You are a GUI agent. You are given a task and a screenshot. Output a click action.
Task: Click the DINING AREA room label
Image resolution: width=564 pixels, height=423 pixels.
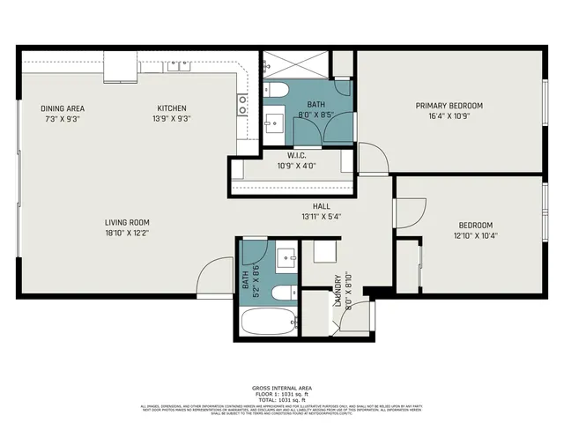[x=63, y=108]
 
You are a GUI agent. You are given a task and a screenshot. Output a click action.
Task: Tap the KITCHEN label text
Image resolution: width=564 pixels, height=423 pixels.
[x=173, y=108]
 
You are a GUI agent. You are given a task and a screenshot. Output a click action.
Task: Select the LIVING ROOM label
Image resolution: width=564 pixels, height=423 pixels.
[x=128, y=223]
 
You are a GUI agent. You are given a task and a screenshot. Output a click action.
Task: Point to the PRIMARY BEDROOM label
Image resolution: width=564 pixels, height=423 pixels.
[x=449, y=106]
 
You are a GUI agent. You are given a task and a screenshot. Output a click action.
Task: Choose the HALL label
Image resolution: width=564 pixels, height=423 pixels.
[x=308, y=206]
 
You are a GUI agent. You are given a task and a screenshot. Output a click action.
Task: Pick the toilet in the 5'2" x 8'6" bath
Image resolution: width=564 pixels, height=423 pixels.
[x=282, y=293]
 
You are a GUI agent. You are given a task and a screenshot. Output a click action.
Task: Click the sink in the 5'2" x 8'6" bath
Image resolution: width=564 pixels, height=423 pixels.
[x=284, y=258]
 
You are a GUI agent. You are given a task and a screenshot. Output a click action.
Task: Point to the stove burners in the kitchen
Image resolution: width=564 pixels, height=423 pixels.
[x=241, y=106]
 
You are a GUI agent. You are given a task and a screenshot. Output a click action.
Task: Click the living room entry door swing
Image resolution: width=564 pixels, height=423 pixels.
[x=211, y=278]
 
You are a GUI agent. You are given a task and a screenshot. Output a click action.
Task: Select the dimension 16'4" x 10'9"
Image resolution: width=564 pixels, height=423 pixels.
[x=449, y=116]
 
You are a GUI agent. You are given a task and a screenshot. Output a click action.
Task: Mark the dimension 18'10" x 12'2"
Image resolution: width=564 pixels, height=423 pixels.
[x=128, y=234]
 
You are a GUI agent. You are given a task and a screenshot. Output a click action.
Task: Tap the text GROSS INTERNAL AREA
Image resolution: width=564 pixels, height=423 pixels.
[x=282, y=388]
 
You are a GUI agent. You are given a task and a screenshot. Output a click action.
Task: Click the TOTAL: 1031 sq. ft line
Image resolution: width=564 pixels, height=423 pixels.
[x=282, y=399]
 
